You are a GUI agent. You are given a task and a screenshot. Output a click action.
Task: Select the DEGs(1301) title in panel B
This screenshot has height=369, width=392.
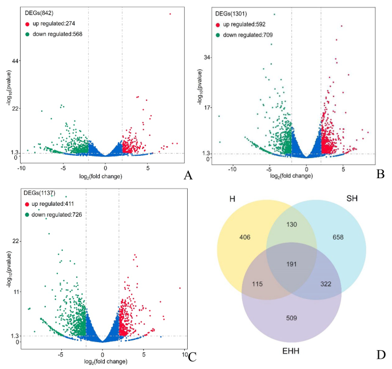click(x=231, y=13)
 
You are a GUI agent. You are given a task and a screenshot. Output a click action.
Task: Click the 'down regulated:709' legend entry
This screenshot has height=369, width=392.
click(x=248, y=35)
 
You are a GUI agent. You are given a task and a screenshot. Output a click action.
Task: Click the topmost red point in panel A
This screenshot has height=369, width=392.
click(x=170, y=13)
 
